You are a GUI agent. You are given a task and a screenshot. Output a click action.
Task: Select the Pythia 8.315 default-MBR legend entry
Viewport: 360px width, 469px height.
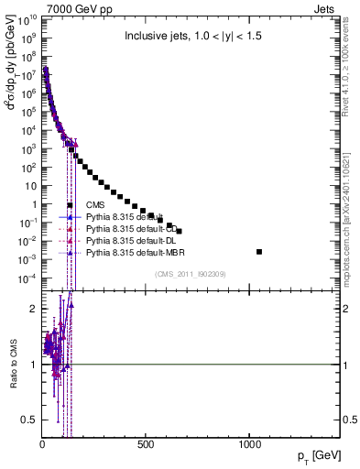click(125, 251)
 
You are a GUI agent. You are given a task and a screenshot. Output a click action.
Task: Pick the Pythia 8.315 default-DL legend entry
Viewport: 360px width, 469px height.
click(123, 239)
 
